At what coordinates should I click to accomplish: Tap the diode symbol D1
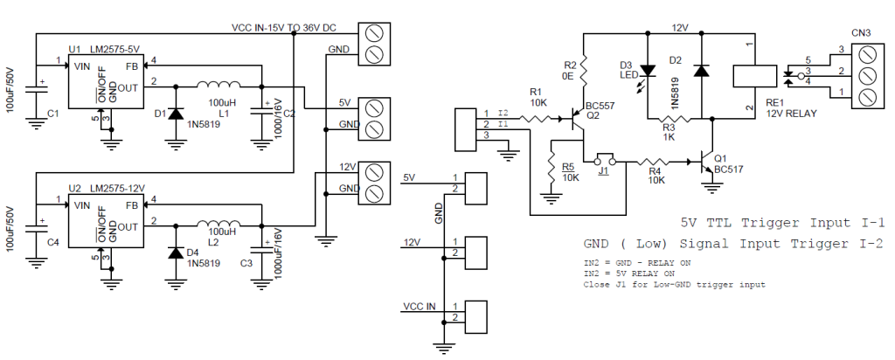point(175,114)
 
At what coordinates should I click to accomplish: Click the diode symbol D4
point(175,253)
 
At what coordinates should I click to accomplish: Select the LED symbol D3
point(648,70)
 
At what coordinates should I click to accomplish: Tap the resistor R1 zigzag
point(537,119)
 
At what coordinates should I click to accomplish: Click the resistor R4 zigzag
point(656,162)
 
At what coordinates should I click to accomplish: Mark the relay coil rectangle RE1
point(754,75)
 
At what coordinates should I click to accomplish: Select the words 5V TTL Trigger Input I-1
point(782,223)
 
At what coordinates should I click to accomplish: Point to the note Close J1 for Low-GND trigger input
point(674,284)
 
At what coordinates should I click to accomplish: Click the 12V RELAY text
point(791,114)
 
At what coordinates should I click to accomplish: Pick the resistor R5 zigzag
point(552,167)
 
